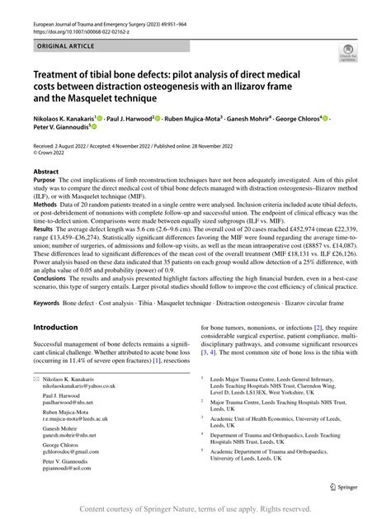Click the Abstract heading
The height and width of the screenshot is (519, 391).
pyautogui.click(x=45, y=171)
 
